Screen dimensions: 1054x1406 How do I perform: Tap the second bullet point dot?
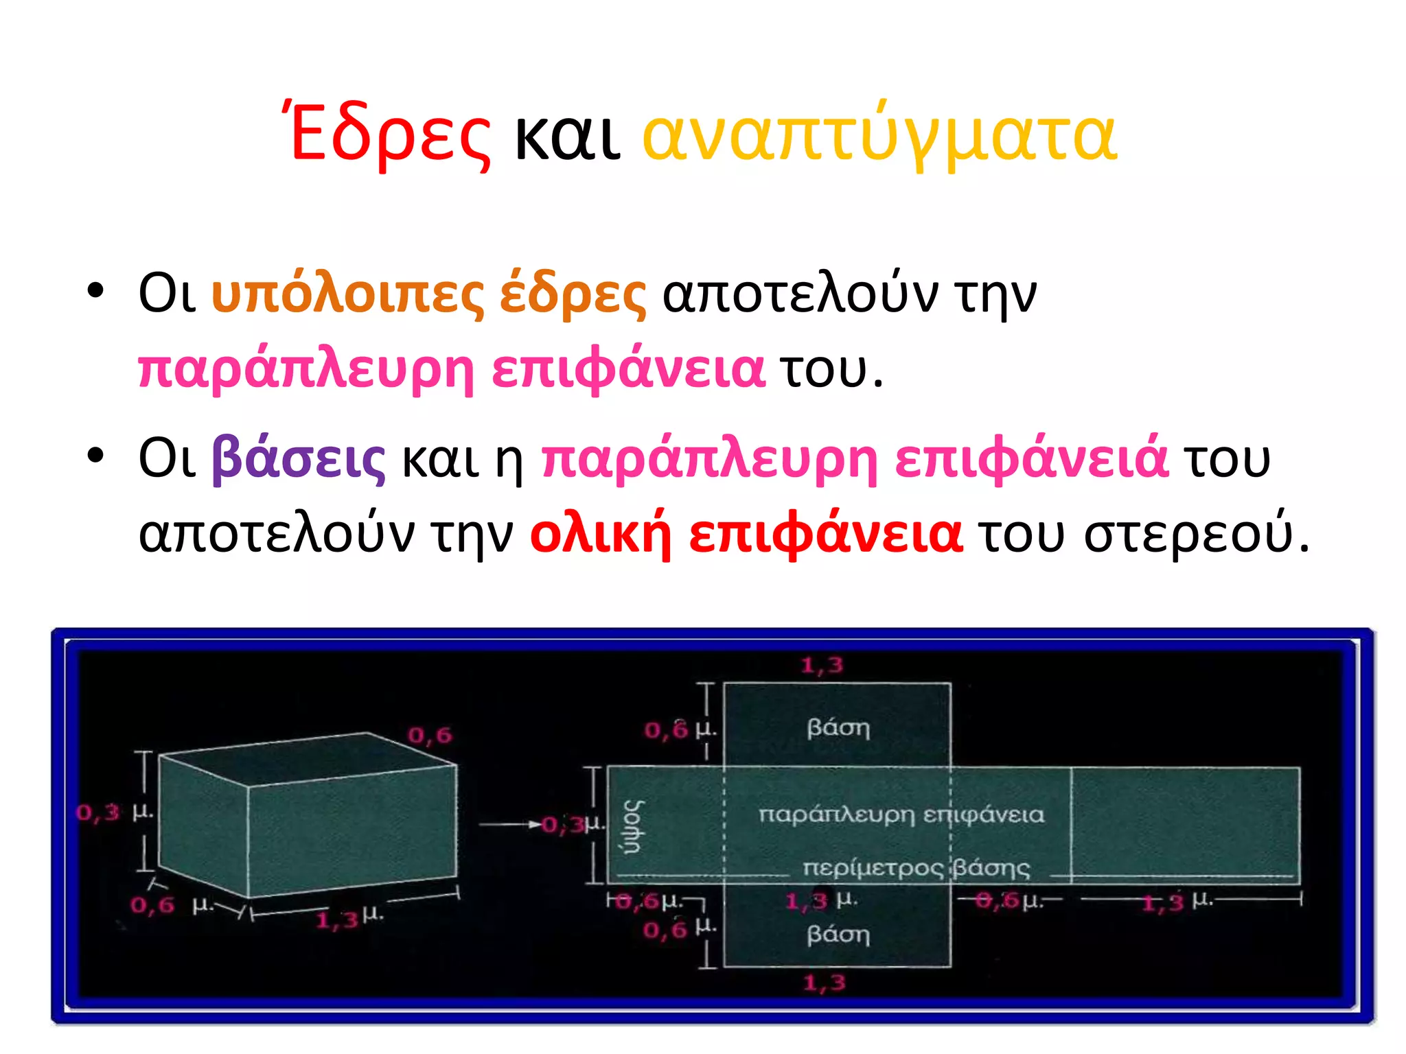[x=95, y=454]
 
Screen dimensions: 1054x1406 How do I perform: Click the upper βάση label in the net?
[x=838, y=727]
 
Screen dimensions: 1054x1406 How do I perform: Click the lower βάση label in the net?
[x=838, y=935]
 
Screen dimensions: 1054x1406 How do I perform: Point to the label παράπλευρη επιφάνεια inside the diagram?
[x=901, y=815]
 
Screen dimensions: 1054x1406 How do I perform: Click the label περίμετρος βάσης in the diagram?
[x=916, y=869]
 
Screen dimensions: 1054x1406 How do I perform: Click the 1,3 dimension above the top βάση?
[x=822, y=665]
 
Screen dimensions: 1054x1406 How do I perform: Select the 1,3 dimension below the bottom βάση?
[x=824, y=983]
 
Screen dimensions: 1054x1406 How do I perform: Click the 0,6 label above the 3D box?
[x=430, y=736]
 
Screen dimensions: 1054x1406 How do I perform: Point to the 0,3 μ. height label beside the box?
[x=113, y=812]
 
